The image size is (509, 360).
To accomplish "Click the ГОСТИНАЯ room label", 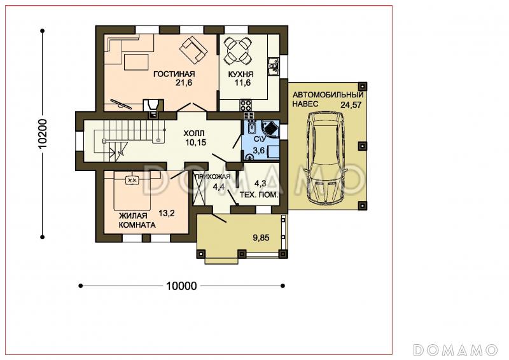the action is pyautogui.click(x=174, y=74).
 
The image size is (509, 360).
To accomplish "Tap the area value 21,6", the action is pyautogui.click(x=184, y=83).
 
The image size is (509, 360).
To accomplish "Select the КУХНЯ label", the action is pyautogui.click(x=241, y=74).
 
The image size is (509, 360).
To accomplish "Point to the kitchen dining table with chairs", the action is pyautogui.click(x=239, y=50).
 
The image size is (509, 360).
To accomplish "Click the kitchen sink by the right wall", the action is pyautogui.click(x=274, y=67).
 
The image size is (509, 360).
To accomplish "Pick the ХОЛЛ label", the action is pyautogui.click(x=194, y=133).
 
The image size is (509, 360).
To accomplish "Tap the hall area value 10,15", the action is pyautogui.click(x=196, y=142).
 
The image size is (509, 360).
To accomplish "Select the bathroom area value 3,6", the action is pyautogui.click(x=259, y=150).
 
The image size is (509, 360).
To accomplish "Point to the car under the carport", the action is pyautogui.click(x=326, y=158).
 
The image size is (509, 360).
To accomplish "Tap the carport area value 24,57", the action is pyautogui.click(x=351, y=105).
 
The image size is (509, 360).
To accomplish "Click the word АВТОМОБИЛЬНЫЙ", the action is pyautogui.click(x=328, y=95).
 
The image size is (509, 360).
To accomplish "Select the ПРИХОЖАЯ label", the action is pyautogui.click(x=213, y=177).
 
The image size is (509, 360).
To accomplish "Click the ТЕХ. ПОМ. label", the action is pyautogui.click(x=259, y=195).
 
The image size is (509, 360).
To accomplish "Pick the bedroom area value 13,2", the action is pyautogui.click(x=167, y=213).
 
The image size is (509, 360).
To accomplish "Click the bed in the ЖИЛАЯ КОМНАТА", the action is pyautogui.click(x=132, y=191).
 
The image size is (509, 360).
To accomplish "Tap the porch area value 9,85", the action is pyautogui.click(x=261, y=238).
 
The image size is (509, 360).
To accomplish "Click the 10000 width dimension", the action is pyautogui.click(x=181, y=286).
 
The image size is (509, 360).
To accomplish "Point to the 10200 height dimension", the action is pyautogui.click(x=43, y=134).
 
